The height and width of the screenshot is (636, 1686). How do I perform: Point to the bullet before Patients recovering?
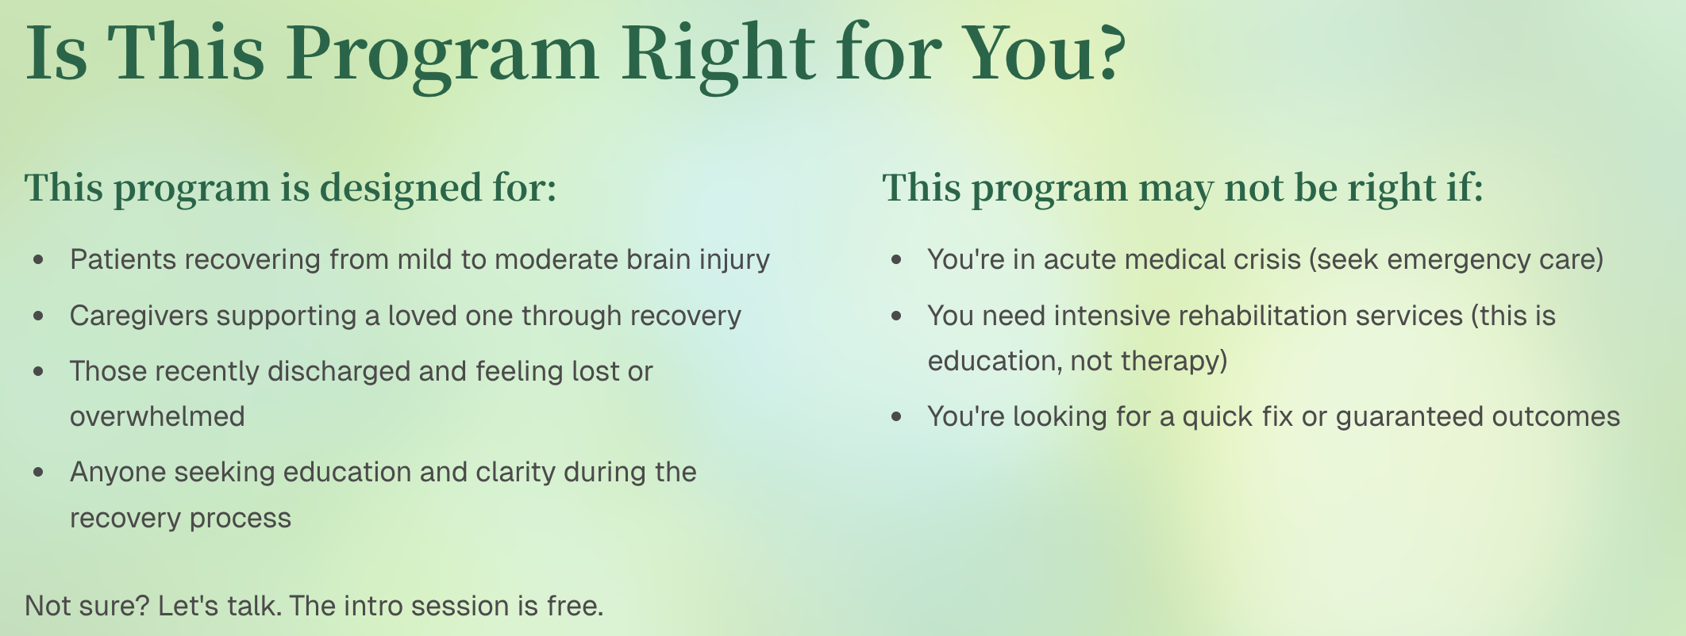[x=39, y=260]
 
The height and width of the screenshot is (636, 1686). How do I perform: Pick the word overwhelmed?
[x=157, y=416]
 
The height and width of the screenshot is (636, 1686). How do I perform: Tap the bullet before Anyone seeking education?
[x=39, y=473]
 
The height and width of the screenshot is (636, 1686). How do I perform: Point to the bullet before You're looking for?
[x=897, y=417]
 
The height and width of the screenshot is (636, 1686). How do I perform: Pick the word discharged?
[x=339, y=371]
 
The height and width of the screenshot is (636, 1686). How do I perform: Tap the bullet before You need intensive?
[x=897, y=316]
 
